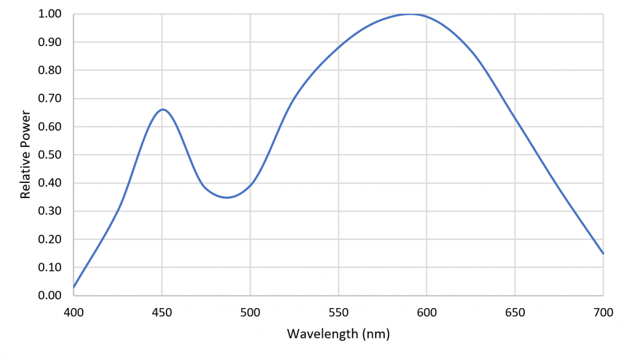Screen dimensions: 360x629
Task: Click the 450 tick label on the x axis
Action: pos(162,313)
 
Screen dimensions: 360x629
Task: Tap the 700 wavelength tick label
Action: pos(603,313)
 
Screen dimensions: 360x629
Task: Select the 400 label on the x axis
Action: pos(74,313)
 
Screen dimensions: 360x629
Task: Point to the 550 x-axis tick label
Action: pos(338,313)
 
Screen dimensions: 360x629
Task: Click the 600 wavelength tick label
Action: pos(427,313)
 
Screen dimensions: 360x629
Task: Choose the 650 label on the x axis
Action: pos(515,313)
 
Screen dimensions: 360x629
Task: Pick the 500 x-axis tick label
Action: pos(250,313)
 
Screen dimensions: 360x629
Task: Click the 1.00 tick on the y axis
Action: pos(50,14)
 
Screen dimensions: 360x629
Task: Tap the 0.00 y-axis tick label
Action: pos(50,295)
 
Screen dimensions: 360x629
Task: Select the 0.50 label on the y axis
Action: pos(50,155)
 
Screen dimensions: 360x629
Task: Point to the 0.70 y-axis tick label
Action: pos(50,98)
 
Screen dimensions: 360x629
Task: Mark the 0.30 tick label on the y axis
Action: pos(50,211)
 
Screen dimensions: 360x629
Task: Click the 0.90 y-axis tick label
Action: pos(50,42)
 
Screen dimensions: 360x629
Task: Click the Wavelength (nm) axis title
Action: pos(338,334)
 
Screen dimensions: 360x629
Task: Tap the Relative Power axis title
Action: pos(25,154)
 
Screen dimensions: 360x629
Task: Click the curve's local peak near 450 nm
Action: pos(162,110)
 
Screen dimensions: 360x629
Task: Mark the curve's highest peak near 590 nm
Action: pos(410,14)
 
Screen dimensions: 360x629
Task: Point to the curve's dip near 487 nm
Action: pos(227,197)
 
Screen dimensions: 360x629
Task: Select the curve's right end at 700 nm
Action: pos(603,253)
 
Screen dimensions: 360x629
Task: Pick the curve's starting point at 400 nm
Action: pos(74,287)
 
